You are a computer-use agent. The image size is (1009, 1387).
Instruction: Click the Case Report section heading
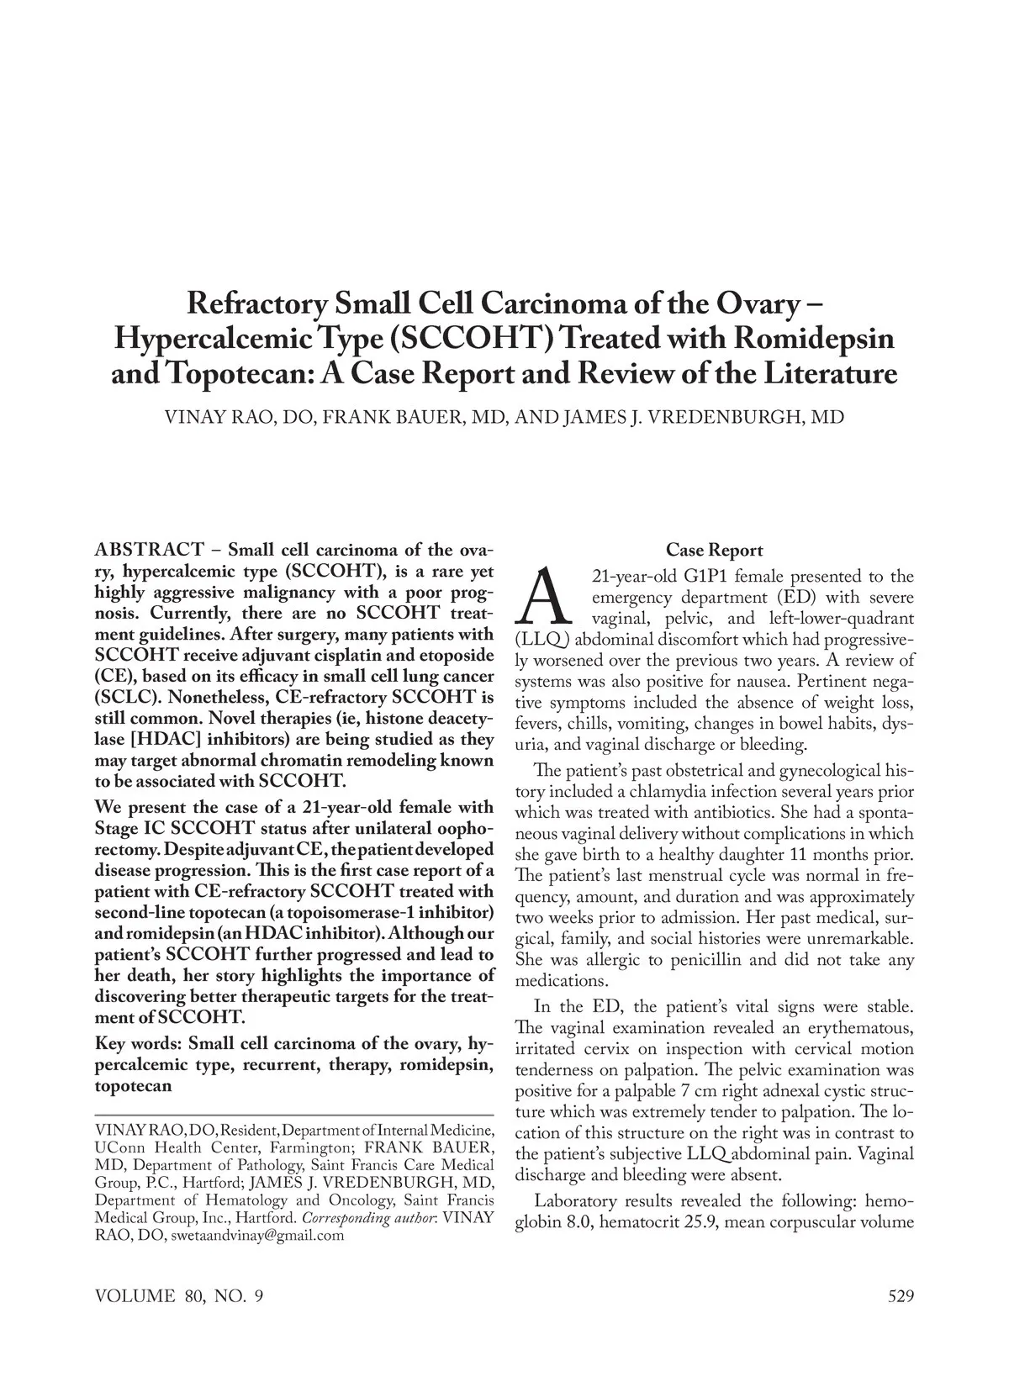pos(714,551)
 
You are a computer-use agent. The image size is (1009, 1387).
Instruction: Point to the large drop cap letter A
pos(545,598)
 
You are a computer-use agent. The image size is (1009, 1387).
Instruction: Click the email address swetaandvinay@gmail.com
pos(258,1237)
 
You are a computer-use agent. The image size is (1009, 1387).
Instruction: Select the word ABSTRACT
pos(149,551)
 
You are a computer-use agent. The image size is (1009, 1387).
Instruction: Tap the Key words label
pos(138,1044)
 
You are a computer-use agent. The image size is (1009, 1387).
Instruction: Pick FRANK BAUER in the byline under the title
pos(409,418)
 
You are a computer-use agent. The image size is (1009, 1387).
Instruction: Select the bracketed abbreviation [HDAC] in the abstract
pos(136,740)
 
